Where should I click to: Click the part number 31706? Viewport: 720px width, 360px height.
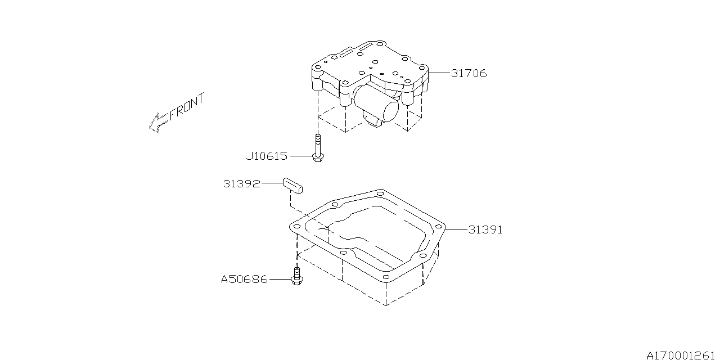coord(469,73)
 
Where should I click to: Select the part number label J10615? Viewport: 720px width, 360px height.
coord(267,156)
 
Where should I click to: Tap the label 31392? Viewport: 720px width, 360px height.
coord(242,184)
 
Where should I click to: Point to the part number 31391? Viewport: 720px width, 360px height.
coord(485,229)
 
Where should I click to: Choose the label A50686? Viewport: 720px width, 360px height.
coord(244,280)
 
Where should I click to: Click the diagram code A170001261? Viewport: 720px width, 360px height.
coord(683,355)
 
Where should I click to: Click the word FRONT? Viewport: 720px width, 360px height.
coord(187,107)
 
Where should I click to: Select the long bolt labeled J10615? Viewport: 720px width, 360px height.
coord(318,148)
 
